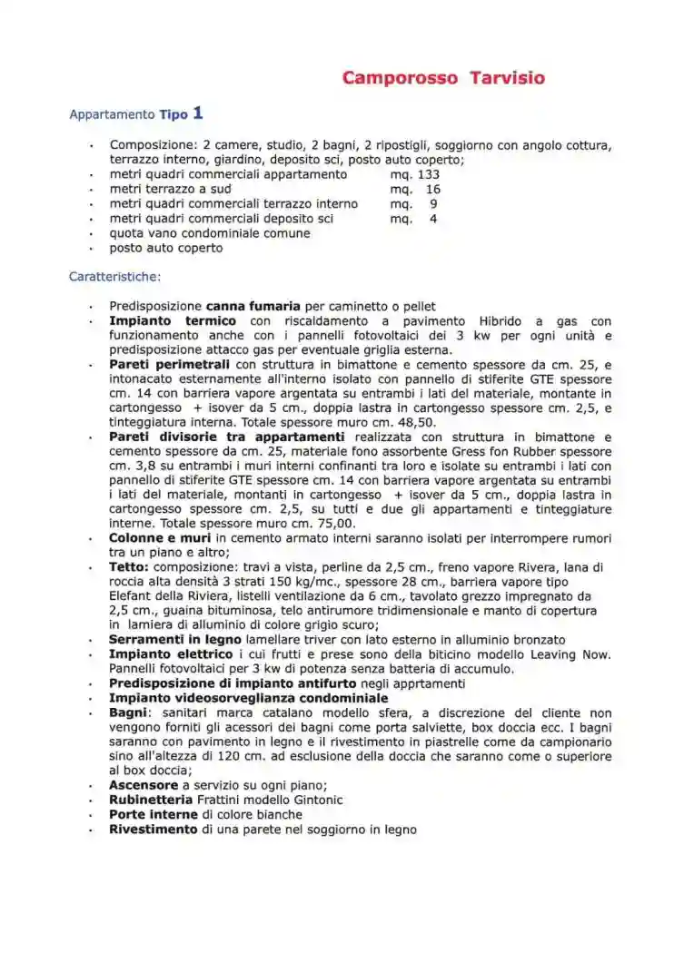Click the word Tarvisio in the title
(x=507, y=78)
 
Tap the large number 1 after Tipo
(x=198, y=113)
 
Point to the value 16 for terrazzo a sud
(x=432, y=189)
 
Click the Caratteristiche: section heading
(x=115, y=276)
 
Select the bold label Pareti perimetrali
(x=170, y=364)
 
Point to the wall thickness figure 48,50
(x=417, y=422)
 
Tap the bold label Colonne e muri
(x=160, y=538)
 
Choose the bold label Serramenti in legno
(x=175, y=640)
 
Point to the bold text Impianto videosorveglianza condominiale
(x=248, y=698)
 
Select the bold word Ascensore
(x=144, y=785)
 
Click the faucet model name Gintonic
(x=315, y=800)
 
